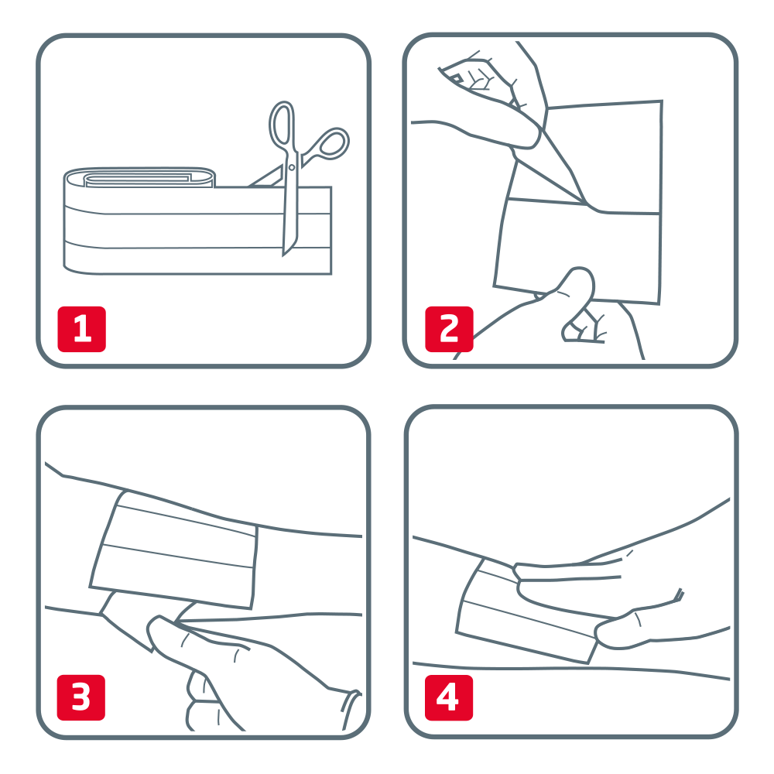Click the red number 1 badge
(82, 329)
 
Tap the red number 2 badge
(449, 329)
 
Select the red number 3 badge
(81, 697)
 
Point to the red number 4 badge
(449, 697)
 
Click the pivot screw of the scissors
(291, 168)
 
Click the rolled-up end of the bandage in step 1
(139, 178)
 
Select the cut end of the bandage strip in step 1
(330, 230)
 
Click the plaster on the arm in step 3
(173, 550)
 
